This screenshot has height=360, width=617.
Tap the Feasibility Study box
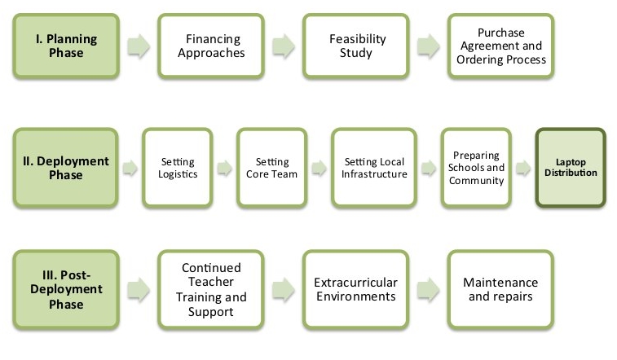[356, 46]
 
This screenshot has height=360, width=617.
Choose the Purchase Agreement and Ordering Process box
[500, 46]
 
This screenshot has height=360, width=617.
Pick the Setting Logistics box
[178, 168]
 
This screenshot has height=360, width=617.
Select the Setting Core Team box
[272, 168]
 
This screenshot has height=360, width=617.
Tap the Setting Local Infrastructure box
[374, 168]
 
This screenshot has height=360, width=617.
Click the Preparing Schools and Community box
[477, 168]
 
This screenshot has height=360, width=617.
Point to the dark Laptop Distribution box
[571, 168]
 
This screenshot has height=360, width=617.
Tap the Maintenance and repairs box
[500, 289]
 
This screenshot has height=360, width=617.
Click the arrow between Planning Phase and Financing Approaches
[139, 46]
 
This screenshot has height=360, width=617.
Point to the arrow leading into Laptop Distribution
[525, 169]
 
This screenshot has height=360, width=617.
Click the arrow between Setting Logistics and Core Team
[225, 169]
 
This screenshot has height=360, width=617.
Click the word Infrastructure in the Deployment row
[374, 174]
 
